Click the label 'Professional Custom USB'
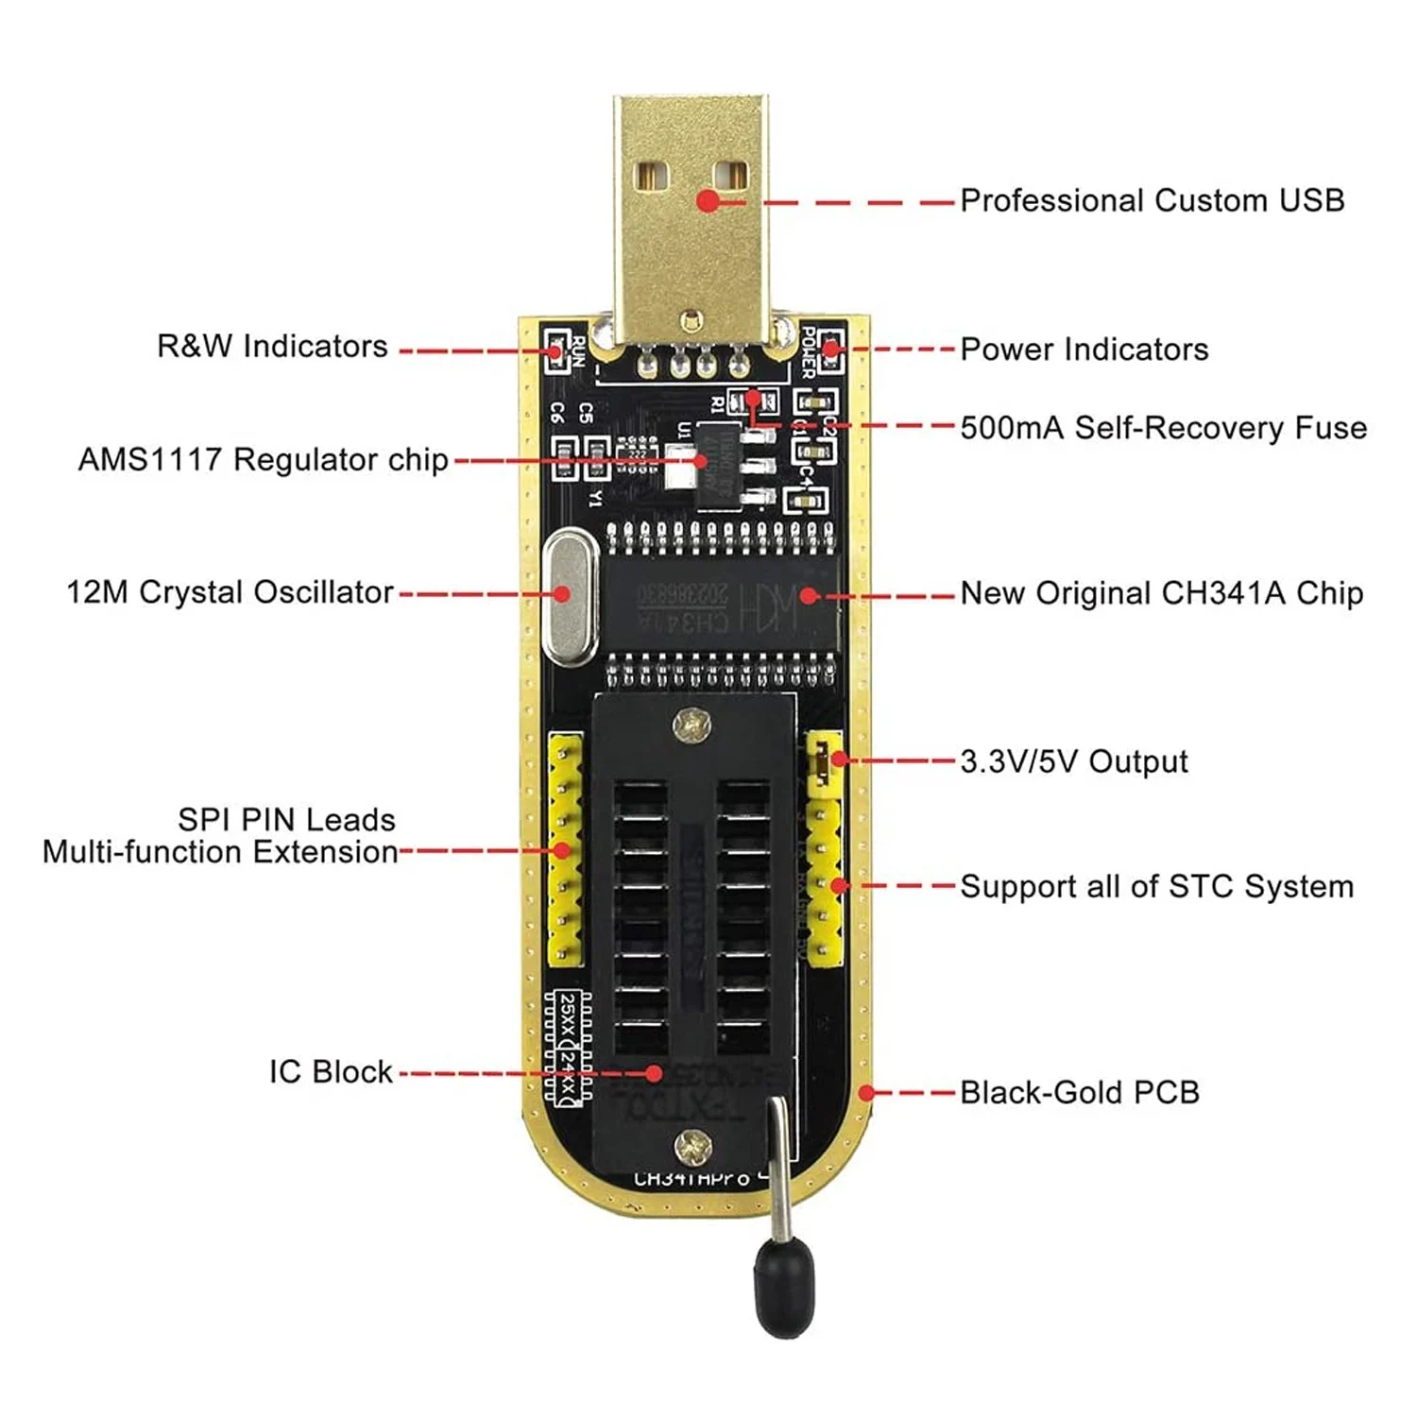pyautogui.click(x=1152, y=200)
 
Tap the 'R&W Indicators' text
pyautogui.click(x=272, y=346)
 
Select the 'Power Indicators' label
pyautogui.click(x=1084, y=350)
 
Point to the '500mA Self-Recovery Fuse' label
pyautogui.click(x=1163, y=428)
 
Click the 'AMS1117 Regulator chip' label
pyautogui.click(x=263, y=460)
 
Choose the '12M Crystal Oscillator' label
pyautogui.click(x=230, y=592)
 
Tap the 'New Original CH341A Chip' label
pyautogui.click(x=1161, y=593)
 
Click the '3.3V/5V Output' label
pyautogui.click(x=1073, y=761)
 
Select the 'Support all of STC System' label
pyautogui.click(x=1156, y=887)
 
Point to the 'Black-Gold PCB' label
pyautogui.click(x=1079, y=1093)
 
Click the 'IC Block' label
pyautogui.click(x=331, y=1072)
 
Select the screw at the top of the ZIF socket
pyautogui.click(x=692, y=726)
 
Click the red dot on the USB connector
pyautogui.click(x=708, y=200)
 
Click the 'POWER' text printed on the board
pyautogui.click(x=808, y=351)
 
